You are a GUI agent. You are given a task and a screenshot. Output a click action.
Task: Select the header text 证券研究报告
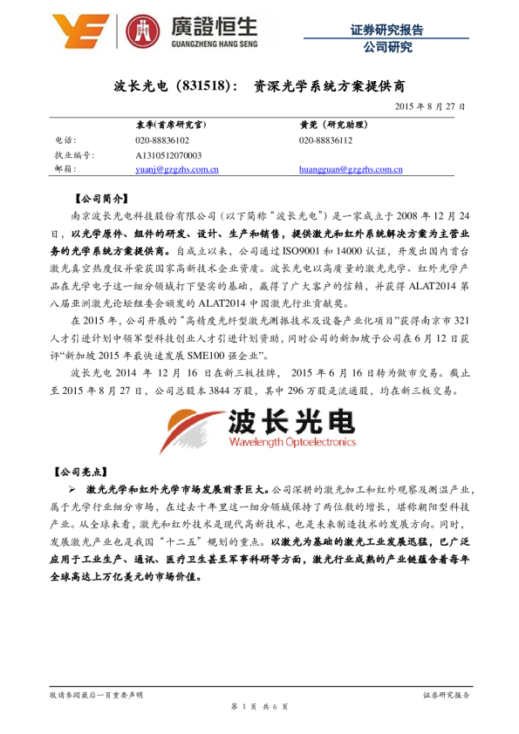pos(386,30)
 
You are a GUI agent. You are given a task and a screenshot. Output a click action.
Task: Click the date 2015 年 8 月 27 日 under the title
pos(430,106)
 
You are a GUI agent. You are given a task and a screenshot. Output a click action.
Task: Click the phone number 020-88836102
pos(162,140)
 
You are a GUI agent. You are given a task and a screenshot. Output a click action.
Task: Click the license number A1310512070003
pos(169,154)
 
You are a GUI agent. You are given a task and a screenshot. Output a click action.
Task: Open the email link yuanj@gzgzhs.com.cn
pos(177,169)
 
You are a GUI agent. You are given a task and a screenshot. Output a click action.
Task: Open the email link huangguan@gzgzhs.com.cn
pos(350,169)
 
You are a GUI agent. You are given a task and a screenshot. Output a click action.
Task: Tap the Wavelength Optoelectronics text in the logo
pos(292,442)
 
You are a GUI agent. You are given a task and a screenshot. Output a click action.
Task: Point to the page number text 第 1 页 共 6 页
pos(259,705)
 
